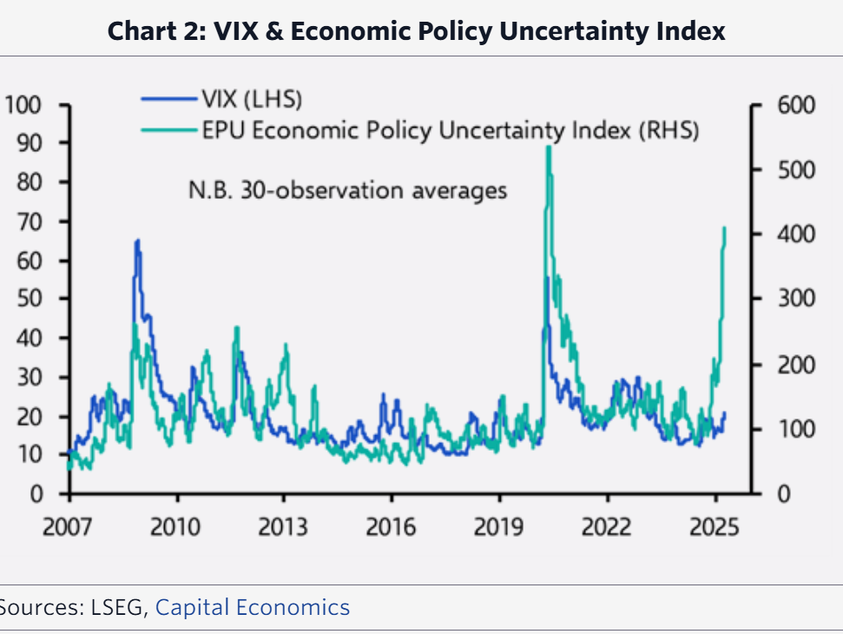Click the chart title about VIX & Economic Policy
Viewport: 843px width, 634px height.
[417, 32]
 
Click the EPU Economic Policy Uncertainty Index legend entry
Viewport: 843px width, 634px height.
[450, 130]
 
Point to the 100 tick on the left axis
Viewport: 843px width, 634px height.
[23, 105]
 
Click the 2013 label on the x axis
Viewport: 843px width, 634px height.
[283, 528]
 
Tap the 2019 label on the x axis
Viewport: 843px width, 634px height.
[498, 528]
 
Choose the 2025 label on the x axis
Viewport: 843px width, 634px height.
[714, 528]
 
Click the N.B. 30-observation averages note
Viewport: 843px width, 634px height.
[347, 189]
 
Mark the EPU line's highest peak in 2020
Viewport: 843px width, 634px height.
[549, 148]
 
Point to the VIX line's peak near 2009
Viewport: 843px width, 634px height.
[137, 241]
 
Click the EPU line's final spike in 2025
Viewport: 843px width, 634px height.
[724, 228]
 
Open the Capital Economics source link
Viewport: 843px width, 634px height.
[252, 607]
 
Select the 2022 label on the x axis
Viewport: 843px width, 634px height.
[606, 528]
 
